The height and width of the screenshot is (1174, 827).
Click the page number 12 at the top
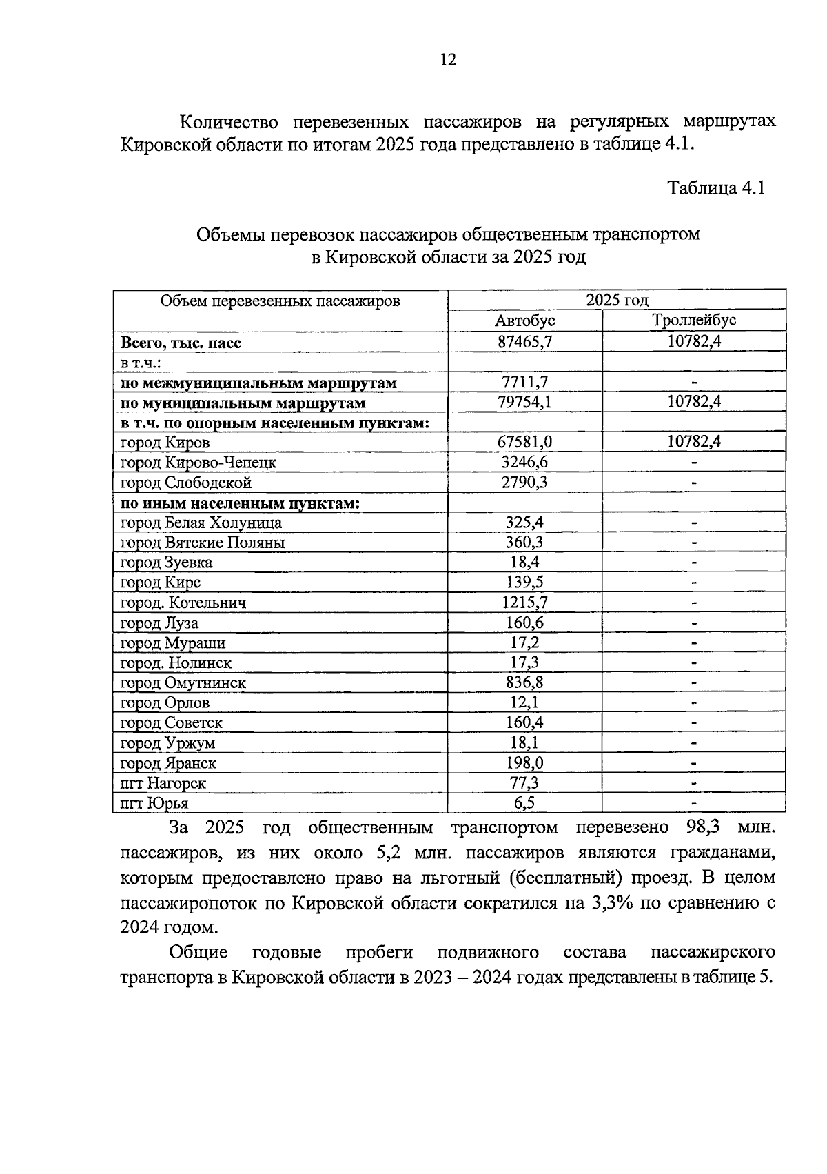(447, 60)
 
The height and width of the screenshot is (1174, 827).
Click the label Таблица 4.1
(716, 188)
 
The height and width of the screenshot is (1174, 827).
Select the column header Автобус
(524, 321)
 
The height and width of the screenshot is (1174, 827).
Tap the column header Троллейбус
(694, 321)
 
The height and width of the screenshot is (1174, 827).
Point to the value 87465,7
(525, 341)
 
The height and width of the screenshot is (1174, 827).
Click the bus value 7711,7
(525, 382)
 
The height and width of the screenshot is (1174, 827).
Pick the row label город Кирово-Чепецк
(198, 463)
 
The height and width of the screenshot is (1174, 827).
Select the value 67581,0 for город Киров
(525, 442)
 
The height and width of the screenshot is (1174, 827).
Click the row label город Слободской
(186, 483)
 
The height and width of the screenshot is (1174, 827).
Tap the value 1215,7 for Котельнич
(525, 603)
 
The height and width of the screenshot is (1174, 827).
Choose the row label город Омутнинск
(183, 683)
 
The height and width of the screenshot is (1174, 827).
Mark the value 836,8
(525, 682)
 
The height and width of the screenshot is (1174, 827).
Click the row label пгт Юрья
(154, 803)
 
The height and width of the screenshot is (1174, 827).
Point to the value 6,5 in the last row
(525, 802)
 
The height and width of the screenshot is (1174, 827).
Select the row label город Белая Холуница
(201, 523)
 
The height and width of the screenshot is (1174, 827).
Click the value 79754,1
(525, 402)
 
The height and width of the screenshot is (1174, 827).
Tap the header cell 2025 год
(617, 300)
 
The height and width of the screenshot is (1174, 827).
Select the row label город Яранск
(168, 763)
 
